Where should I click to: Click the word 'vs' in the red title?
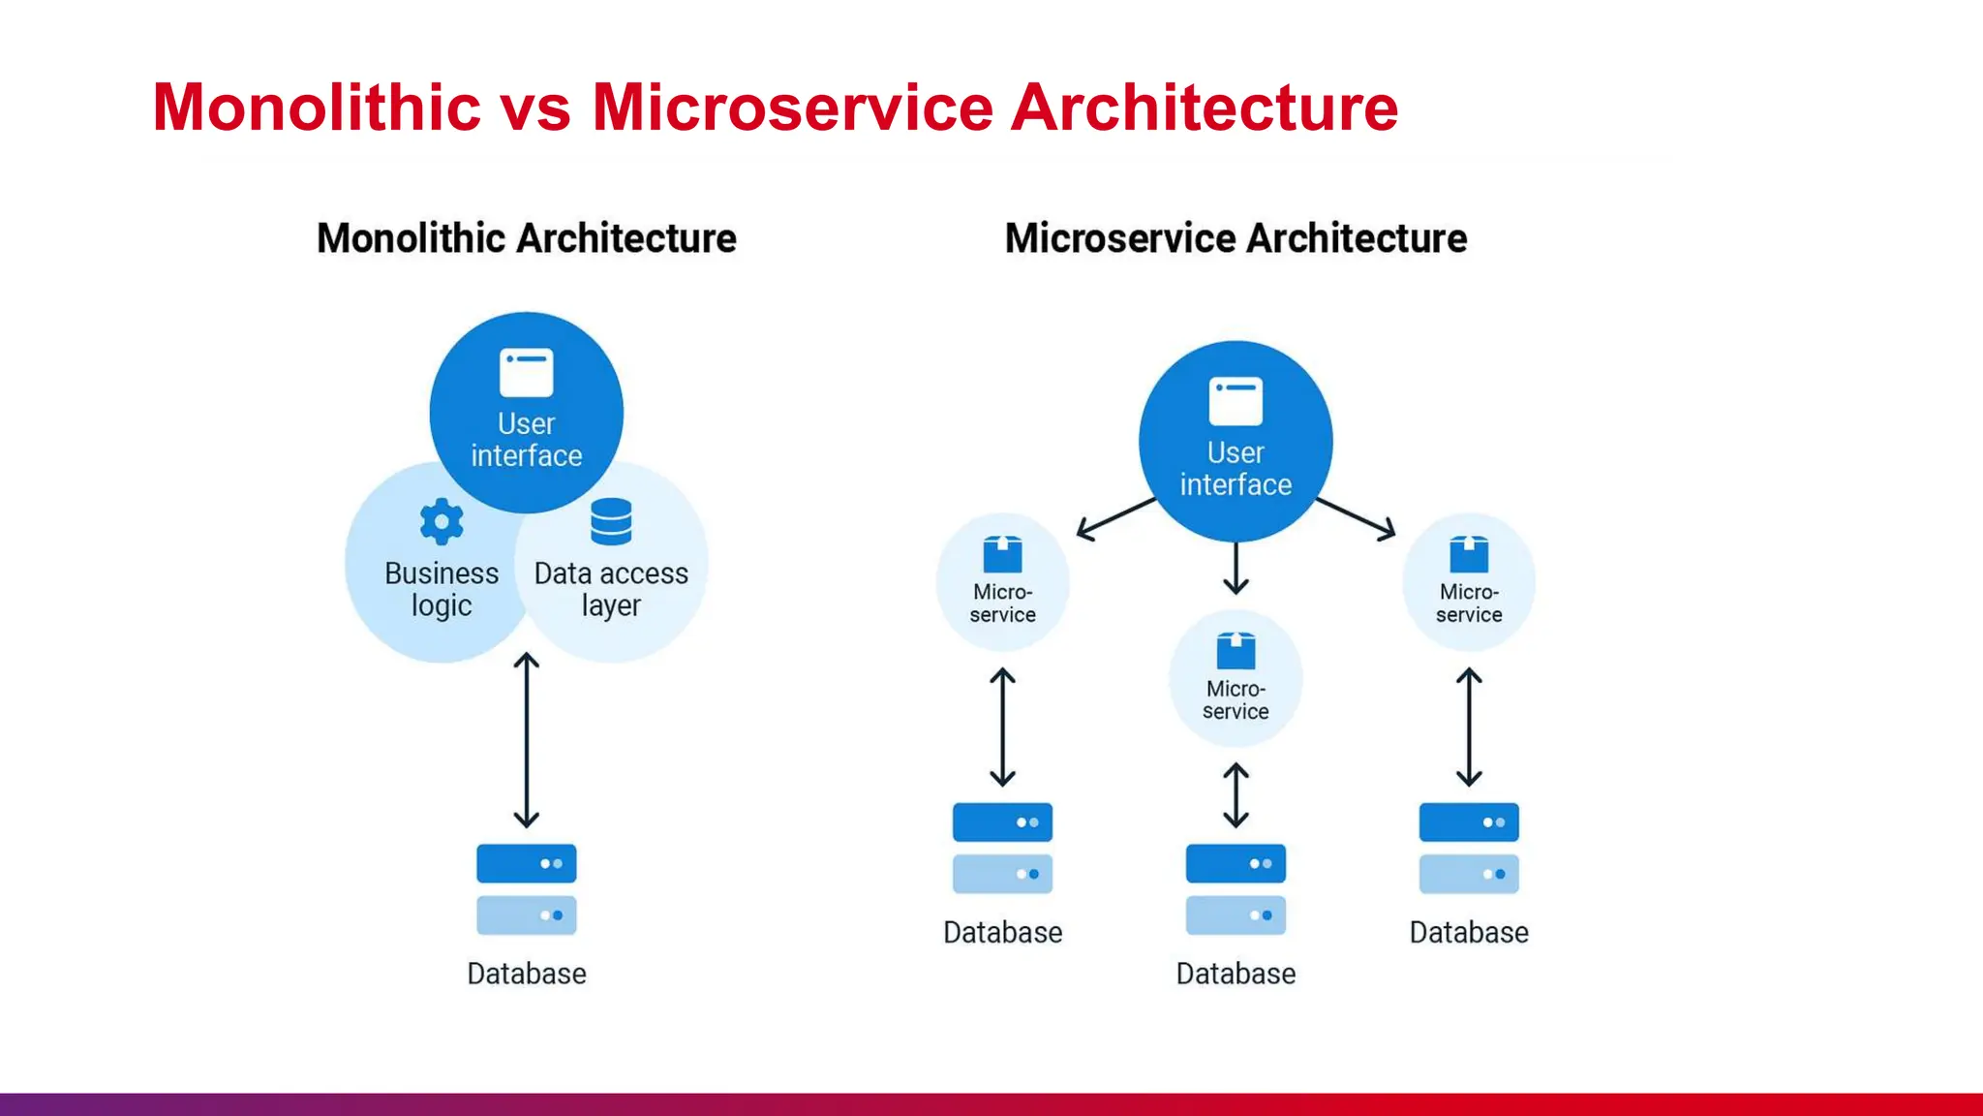535,108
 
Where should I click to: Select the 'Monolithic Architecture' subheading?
527,238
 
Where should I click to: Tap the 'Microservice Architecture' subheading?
1236,238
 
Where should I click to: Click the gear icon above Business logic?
442,522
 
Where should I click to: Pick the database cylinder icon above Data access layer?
611,522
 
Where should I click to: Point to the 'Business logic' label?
442,589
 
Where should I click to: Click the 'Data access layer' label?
611,589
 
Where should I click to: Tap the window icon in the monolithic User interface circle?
527,373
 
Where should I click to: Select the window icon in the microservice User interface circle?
1236,401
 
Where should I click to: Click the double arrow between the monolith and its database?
527,740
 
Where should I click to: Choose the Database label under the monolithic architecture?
527,974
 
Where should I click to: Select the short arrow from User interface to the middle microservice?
1236,569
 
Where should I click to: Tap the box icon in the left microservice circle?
1003,554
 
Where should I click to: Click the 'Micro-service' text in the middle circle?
1236,700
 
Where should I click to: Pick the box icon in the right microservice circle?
1469,554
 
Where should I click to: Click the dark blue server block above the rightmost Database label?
1469,822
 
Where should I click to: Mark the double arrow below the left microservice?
1003,727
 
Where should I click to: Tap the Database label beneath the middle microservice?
1236,974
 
